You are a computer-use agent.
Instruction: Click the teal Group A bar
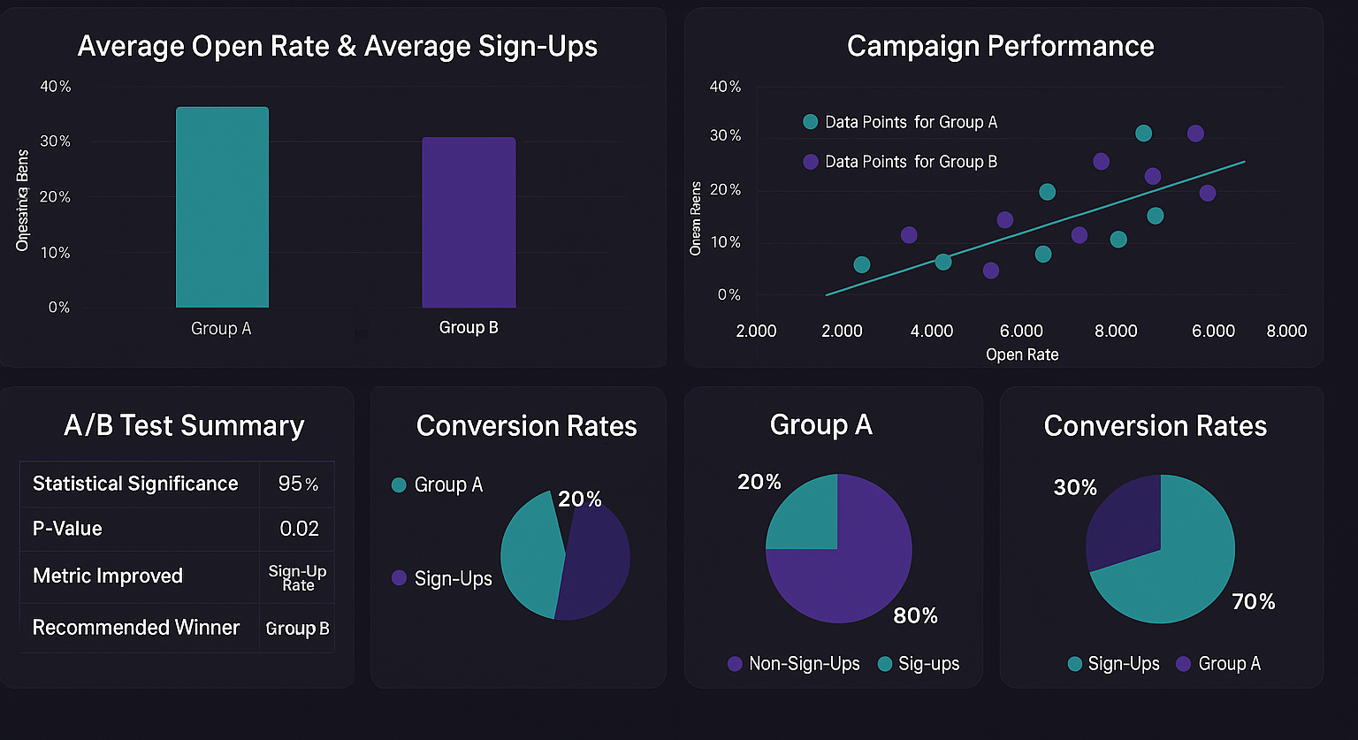[x=222, y=208]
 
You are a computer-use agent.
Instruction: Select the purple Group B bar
[x=469, y=223]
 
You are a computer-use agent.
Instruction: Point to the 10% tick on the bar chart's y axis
[x=55, y=252]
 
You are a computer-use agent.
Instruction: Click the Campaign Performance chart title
[x=1000, y=46]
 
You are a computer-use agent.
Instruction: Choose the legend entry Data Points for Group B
[x=911, y=162]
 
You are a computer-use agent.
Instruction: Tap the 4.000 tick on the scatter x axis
[x=932, y=331]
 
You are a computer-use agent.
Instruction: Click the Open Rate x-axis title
[x=1022, y=355]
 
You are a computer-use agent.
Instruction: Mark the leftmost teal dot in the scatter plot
[x=862, y=265]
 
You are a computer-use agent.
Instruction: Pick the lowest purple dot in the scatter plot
[x=991, y=271]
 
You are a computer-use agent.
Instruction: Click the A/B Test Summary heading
[x=184, y=425]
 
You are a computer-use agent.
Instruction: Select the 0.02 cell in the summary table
[x=299, y=529]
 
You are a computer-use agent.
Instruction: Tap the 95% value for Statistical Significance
[x=298, y=484]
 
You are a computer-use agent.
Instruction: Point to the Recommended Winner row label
[x=136, y=628]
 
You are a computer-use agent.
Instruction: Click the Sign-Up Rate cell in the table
[x=298, y=578]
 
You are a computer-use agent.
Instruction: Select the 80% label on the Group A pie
[x=915, y=615]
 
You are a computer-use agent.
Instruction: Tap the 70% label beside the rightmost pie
[x=1254, y=602]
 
